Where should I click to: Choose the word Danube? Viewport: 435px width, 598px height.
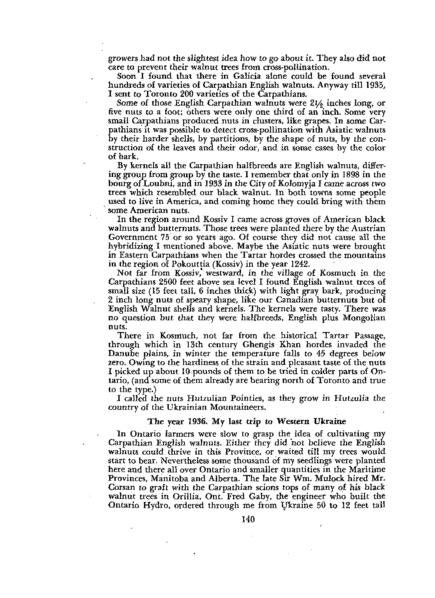[x=120, y=353]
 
